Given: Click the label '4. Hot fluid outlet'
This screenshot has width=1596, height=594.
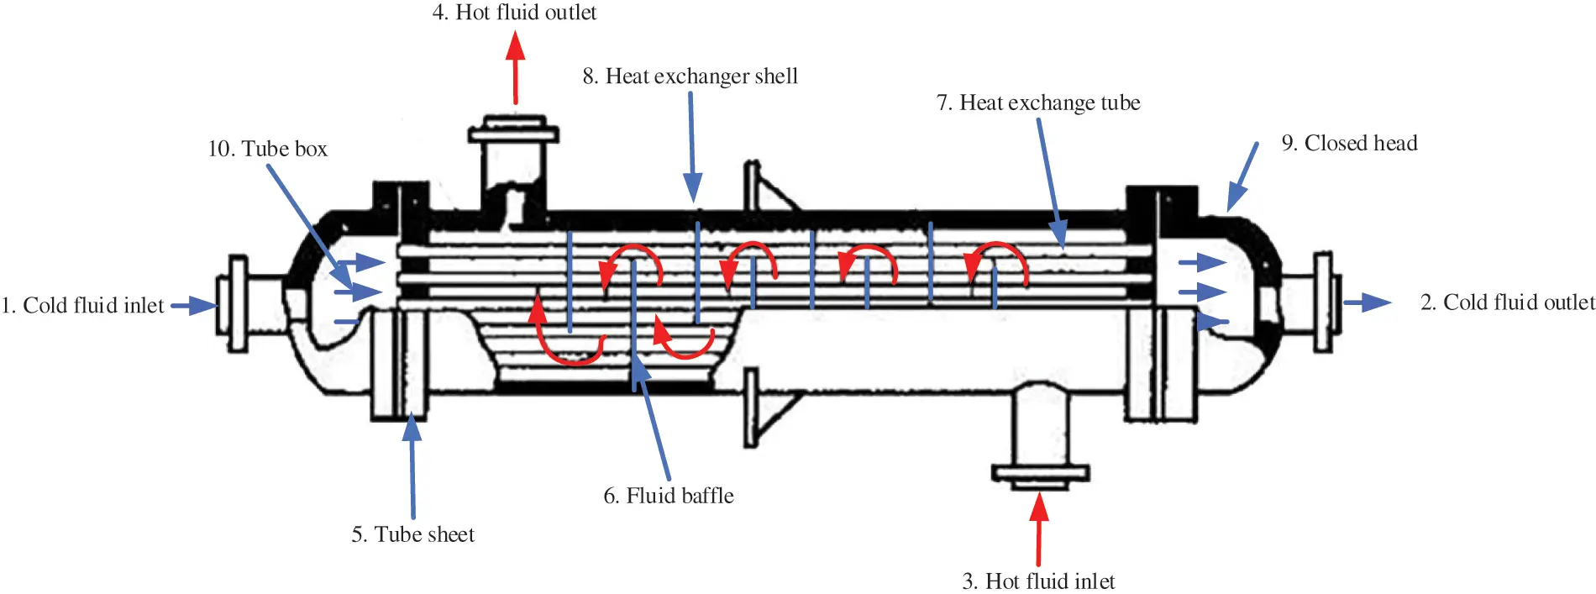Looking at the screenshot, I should pos(514,13).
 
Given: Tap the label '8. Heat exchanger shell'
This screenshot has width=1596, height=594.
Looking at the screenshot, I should pos(690,76).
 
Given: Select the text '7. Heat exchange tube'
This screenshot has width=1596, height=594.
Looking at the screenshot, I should pos(1038,103).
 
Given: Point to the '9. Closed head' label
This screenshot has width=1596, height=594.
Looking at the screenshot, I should pos(1349,143).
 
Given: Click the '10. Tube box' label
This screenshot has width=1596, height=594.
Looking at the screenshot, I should pos(267,149).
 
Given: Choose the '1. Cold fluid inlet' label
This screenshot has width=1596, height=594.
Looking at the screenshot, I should pos(82,305).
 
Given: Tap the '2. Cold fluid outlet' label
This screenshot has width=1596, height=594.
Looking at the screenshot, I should pos(1507,302).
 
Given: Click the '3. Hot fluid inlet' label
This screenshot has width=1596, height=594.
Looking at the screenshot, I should pos(1038,581).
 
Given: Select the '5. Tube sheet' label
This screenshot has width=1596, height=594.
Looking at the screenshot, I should pos(412,534).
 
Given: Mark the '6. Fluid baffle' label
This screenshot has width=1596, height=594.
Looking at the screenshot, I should pos(669,496).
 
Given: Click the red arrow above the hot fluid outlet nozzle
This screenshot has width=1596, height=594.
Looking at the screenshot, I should pos(516,67).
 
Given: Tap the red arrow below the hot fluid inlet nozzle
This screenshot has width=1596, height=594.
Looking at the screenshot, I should pos(1039,529).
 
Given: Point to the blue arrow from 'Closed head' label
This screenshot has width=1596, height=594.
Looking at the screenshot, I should pos(1243,176).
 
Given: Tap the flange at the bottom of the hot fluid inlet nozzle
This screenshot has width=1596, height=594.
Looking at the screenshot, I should pos(1040,476).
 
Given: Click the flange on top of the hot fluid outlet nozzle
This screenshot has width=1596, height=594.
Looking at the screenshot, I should pos(513,133).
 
